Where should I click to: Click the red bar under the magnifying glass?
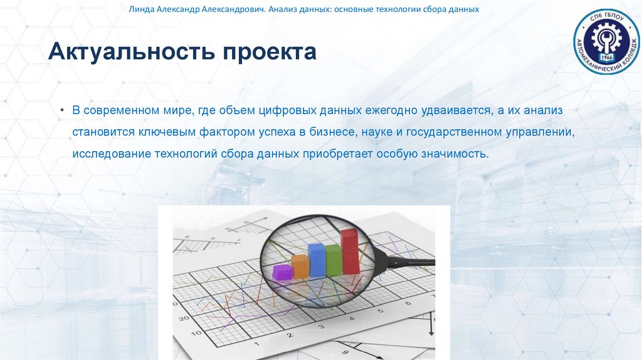[350, 251]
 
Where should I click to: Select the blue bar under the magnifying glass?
[317, 260]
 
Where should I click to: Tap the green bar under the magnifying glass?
[334, 260]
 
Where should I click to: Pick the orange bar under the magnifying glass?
[300, 266]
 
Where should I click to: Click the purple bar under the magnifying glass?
[282, 272]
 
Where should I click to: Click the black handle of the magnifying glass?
[411, 258]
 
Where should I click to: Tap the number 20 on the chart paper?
[184, 318]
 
